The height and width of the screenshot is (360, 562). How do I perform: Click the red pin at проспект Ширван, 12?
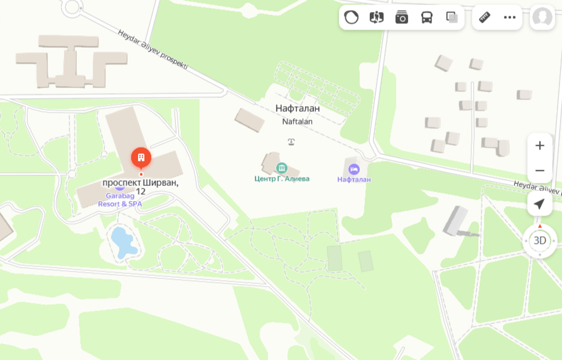point(141,157)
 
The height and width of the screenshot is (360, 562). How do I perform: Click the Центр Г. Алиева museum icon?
point(281,168)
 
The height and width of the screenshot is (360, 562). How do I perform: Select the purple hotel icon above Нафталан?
point(354,169)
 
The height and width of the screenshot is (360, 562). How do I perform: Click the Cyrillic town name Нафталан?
point(298,109)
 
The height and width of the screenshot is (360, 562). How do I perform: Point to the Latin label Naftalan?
point(298,121)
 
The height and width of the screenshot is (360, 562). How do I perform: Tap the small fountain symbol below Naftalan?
point(291,141)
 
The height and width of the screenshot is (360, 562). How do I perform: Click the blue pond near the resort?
point(123,242)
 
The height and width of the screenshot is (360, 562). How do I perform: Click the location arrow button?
point(539,204)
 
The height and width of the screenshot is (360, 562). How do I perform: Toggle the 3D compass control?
point(539,240)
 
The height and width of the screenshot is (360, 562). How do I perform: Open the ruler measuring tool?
point(485,18)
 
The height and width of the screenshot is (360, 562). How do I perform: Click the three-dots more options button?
point(510,18)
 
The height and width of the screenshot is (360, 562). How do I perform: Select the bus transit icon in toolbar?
point(427,18)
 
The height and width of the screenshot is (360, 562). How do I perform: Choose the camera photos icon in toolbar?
point(402,18)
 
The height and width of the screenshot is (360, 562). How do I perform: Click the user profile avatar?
point(543,18)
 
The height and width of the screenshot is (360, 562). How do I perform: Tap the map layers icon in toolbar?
point(452,18)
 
